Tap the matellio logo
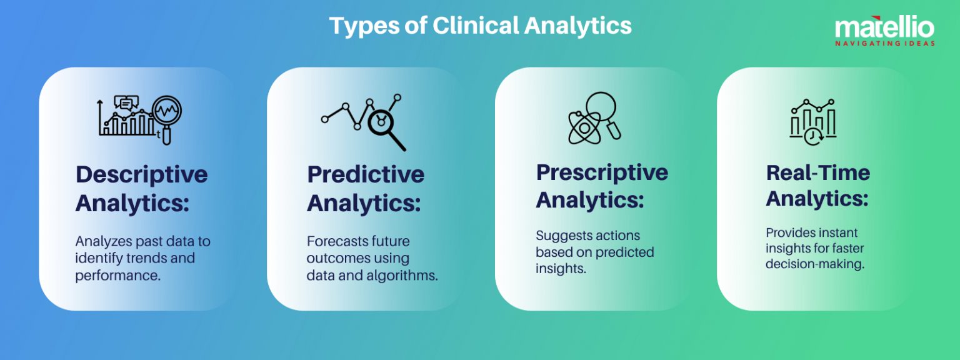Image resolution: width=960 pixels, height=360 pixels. click(884, 27)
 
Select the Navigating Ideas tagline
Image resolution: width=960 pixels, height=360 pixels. click(885, 44)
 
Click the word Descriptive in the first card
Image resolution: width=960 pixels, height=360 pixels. click(142, 174)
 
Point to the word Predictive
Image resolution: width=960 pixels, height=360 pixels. click(366, 174)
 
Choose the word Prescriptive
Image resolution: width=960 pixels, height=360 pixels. click(602, 173)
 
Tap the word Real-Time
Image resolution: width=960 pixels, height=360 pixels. click(818, 172)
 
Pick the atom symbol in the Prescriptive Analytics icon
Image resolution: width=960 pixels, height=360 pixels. click(584, 127)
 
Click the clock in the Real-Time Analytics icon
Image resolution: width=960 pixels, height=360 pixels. click(812, 136)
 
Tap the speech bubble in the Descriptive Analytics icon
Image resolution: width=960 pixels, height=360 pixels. click(126, 103)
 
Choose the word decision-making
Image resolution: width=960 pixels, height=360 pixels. click(815, 264)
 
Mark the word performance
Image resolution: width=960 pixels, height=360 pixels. click(117, 274)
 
